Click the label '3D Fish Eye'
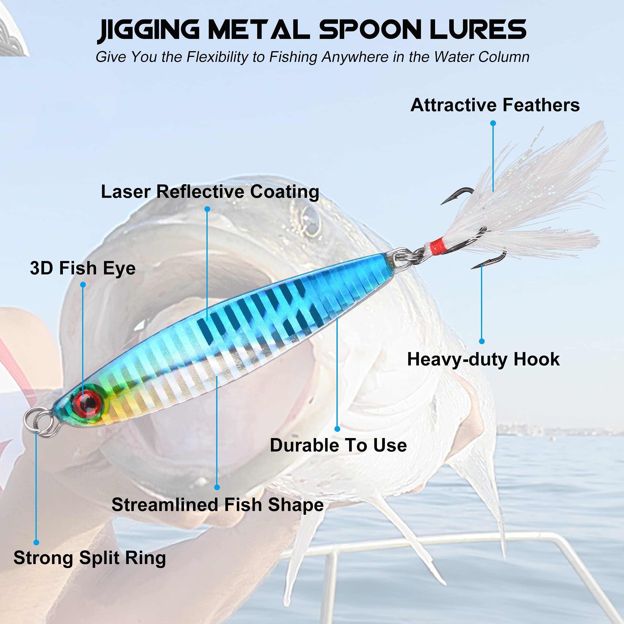(x=83, y=268)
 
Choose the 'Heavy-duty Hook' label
(x=483, y=359)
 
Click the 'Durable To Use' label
(x=338, y=445)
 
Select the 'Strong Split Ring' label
(x=89, y=558)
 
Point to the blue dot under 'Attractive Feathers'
(x=493, y=123)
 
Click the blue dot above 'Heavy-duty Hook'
(x=481, y=341)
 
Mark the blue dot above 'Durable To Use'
(x=337, y=429)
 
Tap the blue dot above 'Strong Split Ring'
(x=36, y=543)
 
